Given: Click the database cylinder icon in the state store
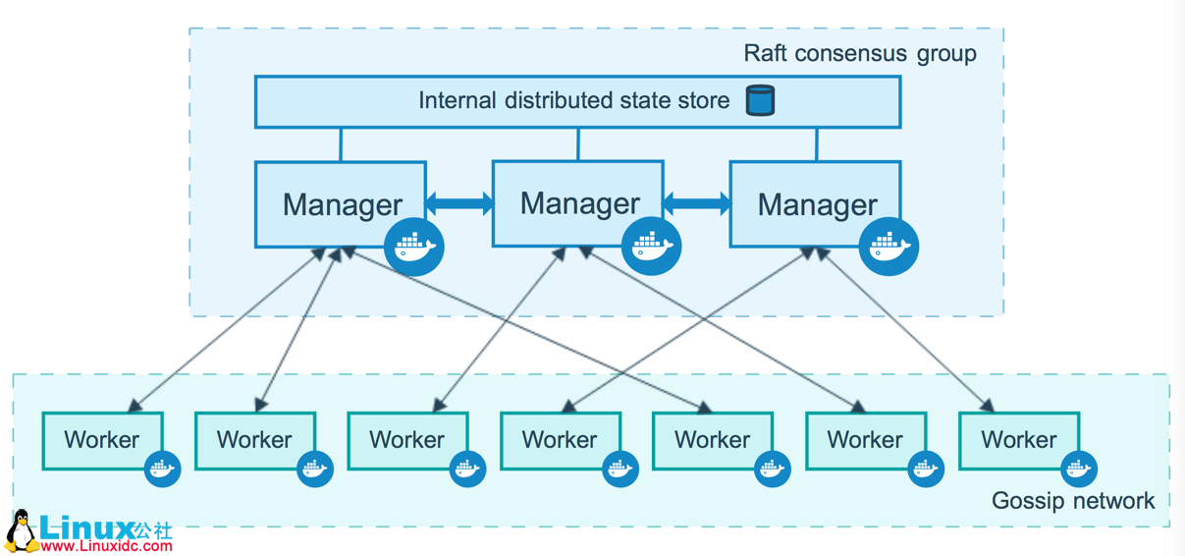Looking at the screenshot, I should tap(760, 100).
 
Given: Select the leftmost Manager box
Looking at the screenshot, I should tap(340, 203).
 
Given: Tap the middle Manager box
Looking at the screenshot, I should tap(577, 202).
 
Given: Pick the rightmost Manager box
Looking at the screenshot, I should tap(815, 203).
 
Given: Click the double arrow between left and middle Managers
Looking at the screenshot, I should tap(459, 203).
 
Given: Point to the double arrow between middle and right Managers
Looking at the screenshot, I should tap(697, 203).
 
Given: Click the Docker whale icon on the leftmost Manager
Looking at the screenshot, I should tap(414, 247).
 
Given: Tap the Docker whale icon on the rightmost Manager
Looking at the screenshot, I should tap(889, 247).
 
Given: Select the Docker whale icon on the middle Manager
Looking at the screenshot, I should tap(651, 247).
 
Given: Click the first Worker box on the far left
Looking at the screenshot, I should tap(102, 440).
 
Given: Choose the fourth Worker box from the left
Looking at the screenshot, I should tap(560, 440).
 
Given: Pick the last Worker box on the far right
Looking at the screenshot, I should tap(1018, 440).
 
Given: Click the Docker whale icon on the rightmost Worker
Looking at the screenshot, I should tap(1078, 469).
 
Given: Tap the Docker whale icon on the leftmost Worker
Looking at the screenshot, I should tap(162, 469).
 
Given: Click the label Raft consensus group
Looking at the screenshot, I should tap(859, 53).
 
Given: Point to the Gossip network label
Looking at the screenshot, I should tap(1073, 501).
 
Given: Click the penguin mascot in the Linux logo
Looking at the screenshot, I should tap(20, 531).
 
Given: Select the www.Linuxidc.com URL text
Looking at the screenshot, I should tap(106, 546).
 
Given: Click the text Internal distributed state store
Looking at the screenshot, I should tap(574, 100).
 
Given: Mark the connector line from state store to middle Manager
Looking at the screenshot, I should tap(578, 144).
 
